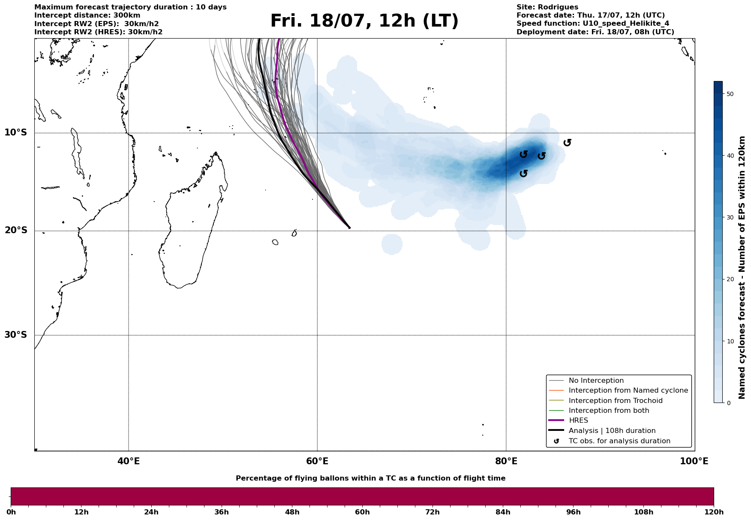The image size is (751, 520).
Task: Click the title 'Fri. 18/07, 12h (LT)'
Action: coord(364,21)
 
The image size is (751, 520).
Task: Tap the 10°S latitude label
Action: coord(16,132)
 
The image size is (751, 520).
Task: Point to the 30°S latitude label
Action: coord(16,335)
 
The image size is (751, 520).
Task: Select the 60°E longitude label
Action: coord(317,461)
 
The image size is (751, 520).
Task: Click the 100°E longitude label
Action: coord(694,461)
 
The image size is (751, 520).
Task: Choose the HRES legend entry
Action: coord(578,421)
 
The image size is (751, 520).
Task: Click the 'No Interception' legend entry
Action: coord(596,381)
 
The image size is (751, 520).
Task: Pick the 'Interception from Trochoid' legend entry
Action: coord(615,401)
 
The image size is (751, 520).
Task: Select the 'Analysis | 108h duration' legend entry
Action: coord(612,431)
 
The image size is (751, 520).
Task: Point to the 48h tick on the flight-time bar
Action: coord(292,512)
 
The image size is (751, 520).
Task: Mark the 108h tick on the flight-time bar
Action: coord(643,512)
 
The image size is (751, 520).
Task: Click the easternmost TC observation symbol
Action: coord(567,142)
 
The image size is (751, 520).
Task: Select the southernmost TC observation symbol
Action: coord(523,173)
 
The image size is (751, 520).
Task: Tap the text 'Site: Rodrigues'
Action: coord(547,7)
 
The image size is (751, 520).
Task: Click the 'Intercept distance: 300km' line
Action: coord(87,15)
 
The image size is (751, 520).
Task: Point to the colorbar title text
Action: coord(742,268)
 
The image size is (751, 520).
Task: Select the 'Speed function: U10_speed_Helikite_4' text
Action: coord(592,24)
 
